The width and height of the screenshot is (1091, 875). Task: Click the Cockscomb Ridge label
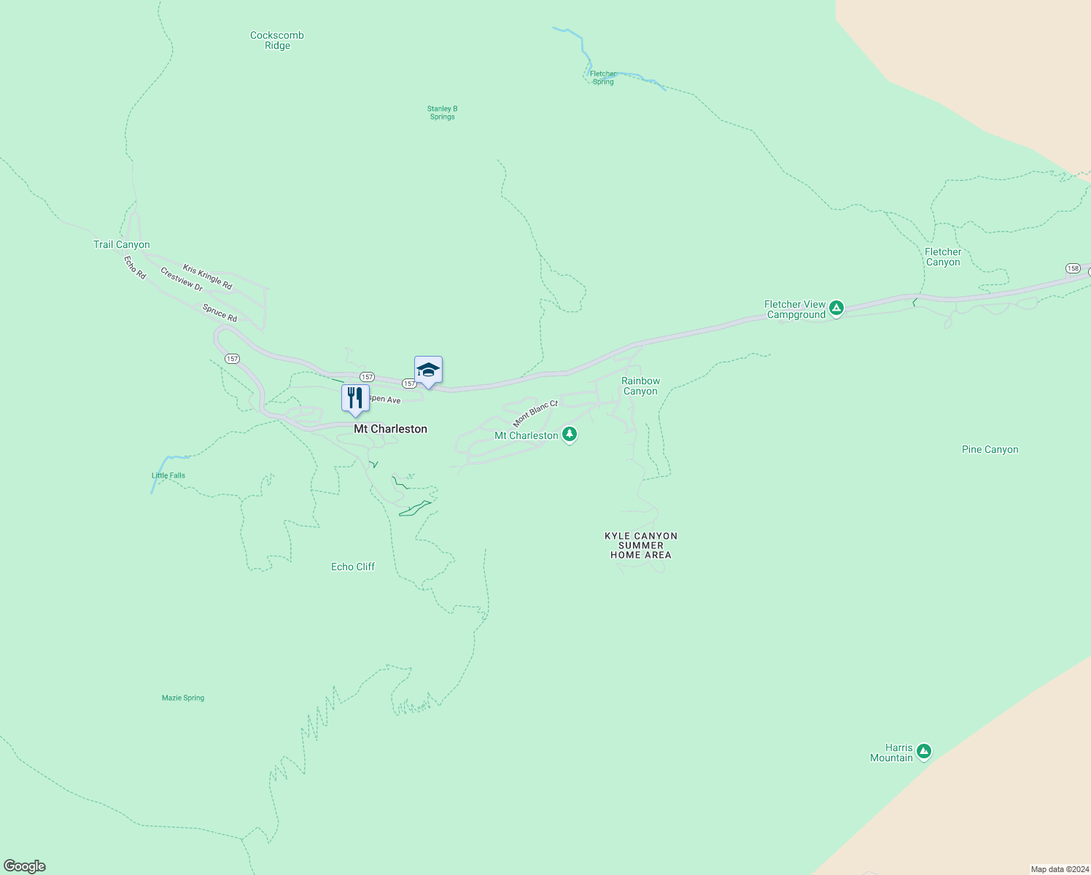(x=277, y=40)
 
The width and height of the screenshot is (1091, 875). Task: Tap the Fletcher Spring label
(x=603, y=78)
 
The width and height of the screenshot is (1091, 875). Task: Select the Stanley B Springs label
(x=442, y=112)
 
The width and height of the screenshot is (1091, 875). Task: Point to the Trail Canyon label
(x=121, y=244)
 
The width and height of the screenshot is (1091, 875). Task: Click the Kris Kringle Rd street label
(x=207, y=277)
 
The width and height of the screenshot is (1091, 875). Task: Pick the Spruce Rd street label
(x=220, y=314)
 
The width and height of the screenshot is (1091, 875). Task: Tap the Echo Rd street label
(x=135, y=267)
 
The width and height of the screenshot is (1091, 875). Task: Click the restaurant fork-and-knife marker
(x=355, y=398)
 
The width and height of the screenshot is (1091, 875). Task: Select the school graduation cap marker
(x=428, y=370)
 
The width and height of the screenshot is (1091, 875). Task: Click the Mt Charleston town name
(x=390, y=429)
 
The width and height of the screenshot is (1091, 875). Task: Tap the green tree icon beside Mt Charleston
(x=570, y=435)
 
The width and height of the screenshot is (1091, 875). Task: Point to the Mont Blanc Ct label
(x=535, y=413)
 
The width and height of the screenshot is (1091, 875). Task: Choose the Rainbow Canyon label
(x=640, y=386)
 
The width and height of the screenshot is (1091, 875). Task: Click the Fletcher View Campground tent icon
(x=836, y=308)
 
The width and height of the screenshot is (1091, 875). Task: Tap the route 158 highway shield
(x=1073, y=268)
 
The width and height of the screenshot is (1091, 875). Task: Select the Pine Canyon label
(x=990, y=449)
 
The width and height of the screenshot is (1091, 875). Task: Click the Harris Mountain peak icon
(x=924, y=751)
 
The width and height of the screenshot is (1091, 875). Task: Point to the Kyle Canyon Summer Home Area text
(x=641, y=545)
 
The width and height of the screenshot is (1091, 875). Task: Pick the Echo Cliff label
(x=353, y=567)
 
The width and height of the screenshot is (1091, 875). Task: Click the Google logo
(x=25, y=866)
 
